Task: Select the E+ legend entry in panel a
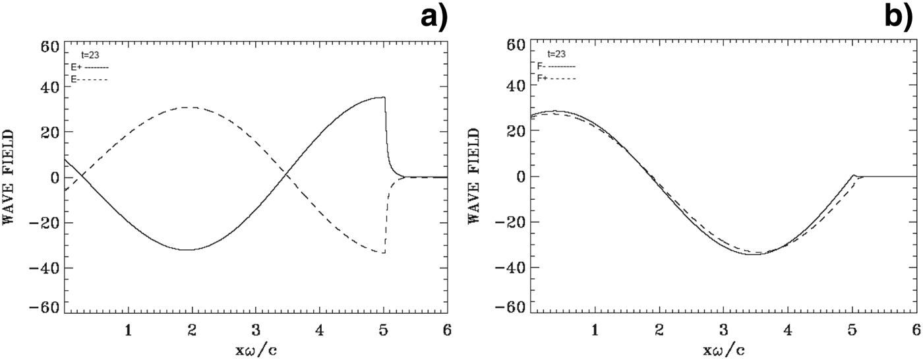[89, 67]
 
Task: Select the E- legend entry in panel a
[89, 79]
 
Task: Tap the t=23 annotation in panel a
[90, 55]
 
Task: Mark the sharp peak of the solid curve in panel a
[384, 98]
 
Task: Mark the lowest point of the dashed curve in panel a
[382, 253]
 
